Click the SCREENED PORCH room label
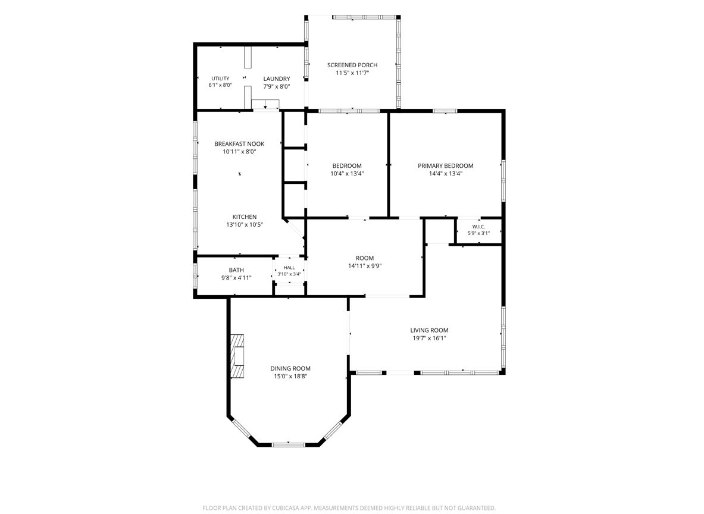352,65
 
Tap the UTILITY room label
220,79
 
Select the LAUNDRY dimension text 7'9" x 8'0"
277,87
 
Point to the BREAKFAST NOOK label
239,143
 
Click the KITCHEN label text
245,217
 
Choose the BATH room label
236,270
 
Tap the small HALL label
289,268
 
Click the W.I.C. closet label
478,227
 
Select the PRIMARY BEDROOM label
445,165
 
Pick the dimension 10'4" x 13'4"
347,173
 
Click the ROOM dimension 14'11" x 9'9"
365,266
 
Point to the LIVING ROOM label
429,330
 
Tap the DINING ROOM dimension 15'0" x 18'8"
290,376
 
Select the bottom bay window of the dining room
289,444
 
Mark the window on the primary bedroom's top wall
445,111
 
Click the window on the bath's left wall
195,275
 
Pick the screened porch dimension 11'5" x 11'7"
352,73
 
